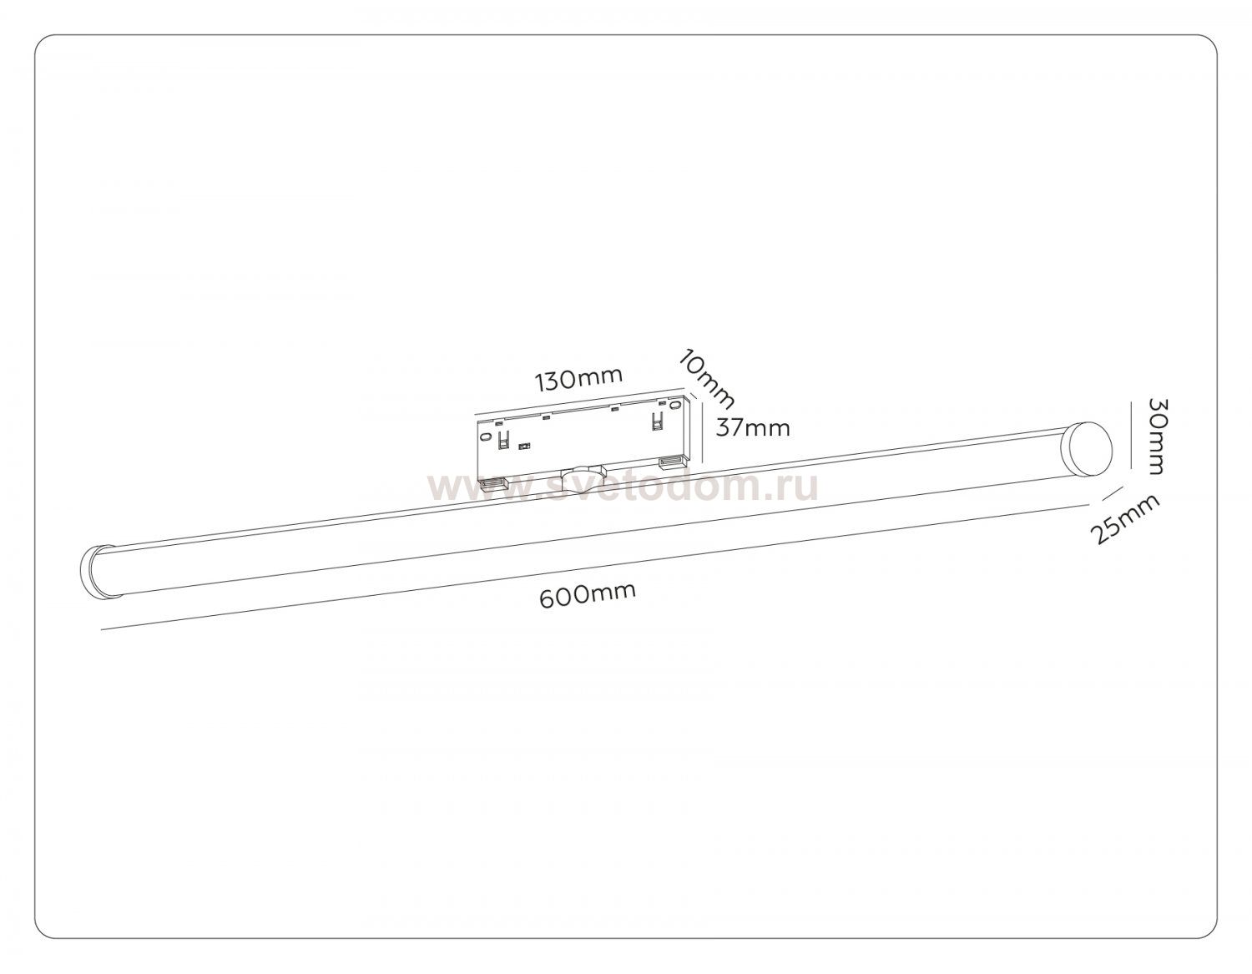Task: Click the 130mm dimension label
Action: pos(579,378)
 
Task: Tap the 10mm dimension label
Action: pos(706,379)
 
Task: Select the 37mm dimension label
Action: pos(753,428)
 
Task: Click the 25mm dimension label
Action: pos(1124,519)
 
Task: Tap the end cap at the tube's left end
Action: pos(94,570)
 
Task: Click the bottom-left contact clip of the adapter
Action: pos(493,482)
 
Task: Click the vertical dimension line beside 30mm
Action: pos(1133,436)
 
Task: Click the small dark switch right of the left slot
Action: pos(523,447)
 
